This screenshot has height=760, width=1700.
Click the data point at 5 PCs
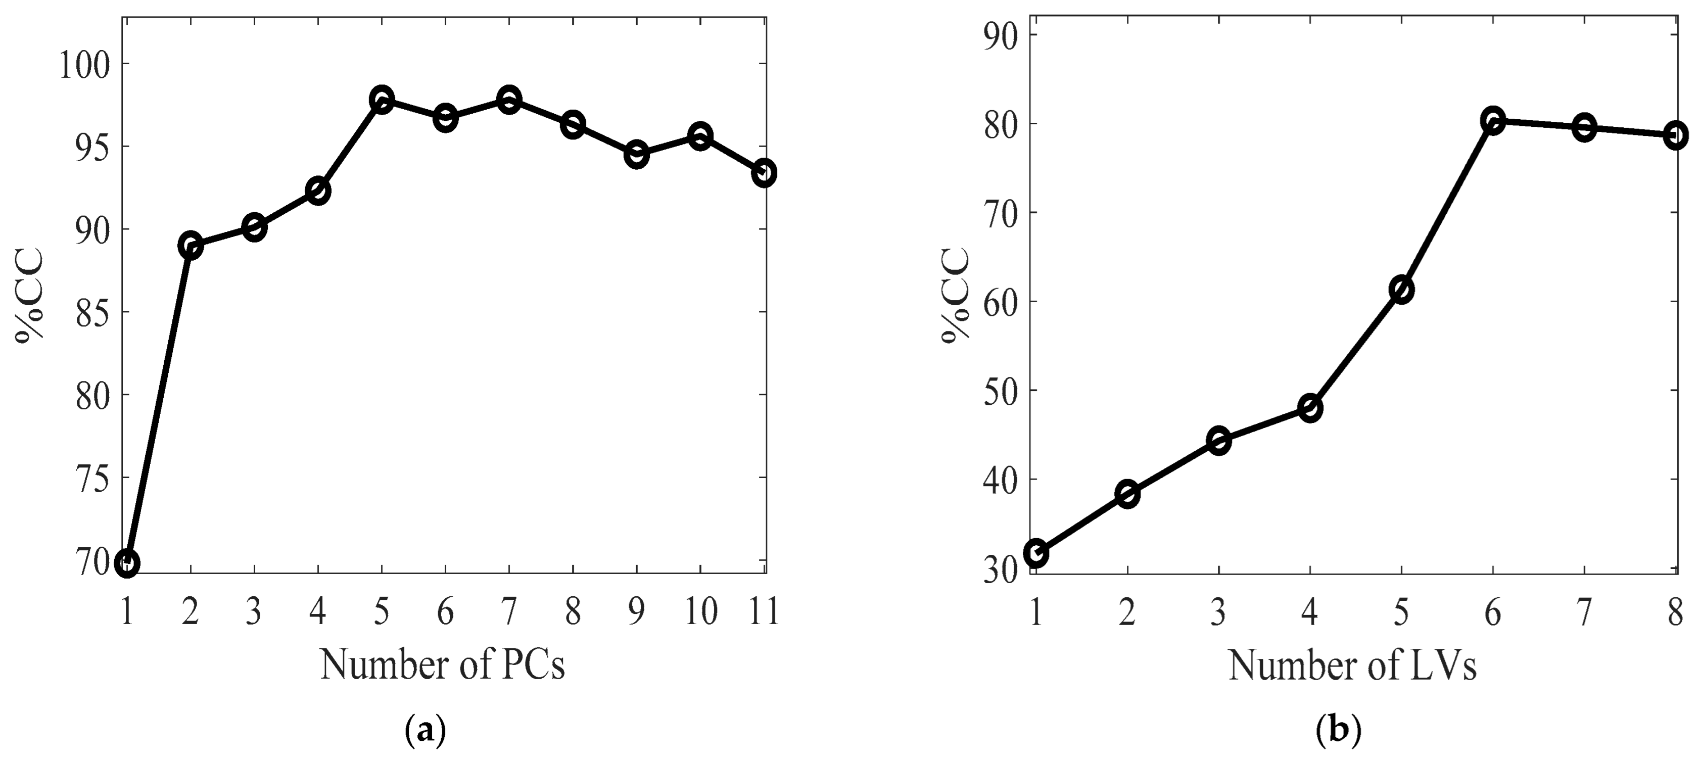[x=382, y=100]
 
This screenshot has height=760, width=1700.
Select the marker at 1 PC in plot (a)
[x=127, y=563]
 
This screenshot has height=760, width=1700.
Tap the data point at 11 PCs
[x=764, y=173]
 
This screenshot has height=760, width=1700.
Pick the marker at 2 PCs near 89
[x=190, y=247]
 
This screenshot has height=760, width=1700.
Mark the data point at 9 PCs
[x=636, y=155]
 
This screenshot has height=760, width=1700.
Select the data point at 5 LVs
[x=1401, y=290]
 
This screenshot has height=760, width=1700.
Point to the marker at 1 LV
[x=1036, y=553]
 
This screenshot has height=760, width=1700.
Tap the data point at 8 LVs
[x=1675, y=135]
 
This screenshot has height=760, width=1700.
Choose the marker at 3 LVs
[x=1218, y=440]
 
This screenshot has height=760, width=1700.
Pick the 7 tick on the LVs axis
[x=1584, y=613]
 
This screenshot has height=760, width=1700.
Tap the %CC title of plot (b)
[x=956, y=295]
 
